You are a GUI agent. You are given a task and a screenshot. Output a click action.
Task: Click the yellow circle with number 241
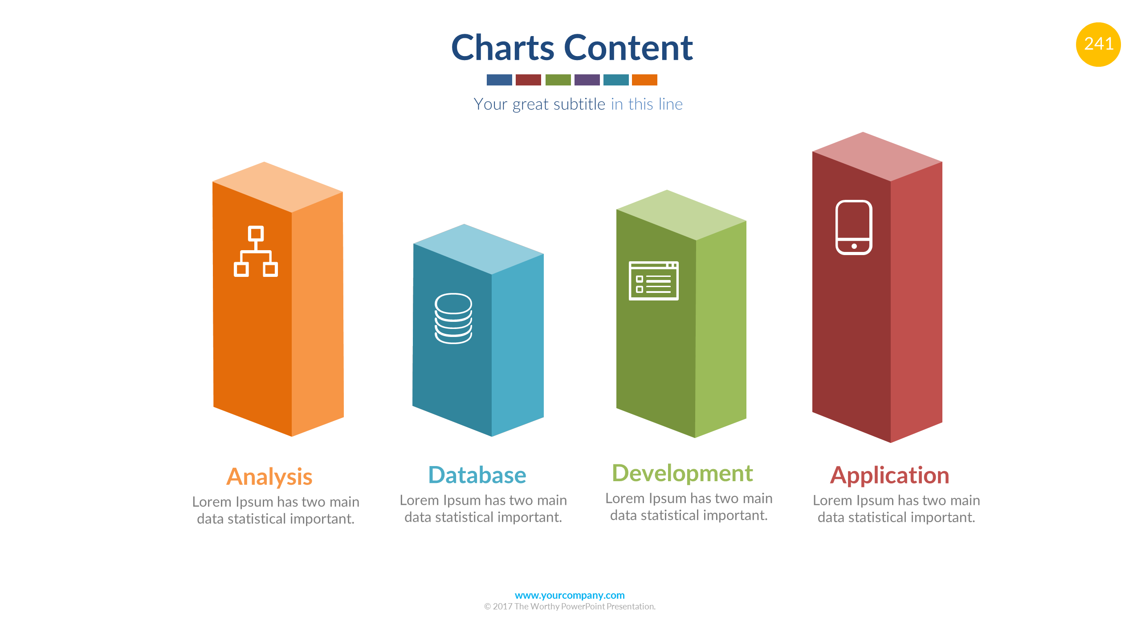1098,45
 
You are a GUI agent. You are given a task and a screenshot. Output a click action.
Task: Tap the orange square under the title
644,80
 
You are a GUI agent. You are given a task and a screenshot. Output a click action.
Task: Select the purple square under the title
587,80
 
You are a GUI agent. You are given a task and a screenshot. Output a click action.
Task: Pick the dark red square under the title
528,80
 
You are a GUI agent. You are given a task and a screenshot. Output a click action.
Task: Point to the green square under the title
558,80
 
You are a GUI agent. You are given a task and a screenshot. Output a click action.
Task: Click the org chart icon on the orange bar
256,252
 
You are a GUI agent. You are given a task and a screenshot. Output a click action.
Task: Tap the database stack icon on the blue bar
453,318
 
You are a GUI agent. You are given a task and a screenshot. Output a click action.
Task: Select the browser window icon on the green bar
653,281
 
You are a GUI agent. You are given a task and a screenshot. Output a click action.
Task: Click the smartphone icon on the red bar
854,227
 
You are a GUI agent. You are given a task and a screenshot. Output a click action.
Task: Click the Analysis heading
269,477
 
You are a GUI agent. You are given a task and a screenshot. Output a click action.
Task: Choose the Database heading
477,475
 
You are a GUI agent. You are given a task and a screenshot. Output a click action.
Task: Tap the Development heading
682,474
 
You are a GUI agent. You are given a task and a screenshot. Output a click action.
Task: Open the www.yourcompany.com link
570,595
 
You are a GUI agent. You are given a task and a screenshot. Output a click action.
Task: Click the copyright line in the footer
570,606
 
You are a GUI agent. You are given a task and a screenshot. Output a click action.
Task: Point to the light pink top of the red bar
877,157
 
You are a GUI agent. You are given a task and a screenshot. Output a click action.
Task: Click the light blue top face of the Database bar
478,249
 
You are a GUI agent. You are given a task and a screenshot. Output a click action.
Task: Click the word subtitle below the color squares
579,104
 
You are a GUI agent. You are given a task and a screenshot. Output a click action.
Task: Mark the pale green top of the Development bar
681,215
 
